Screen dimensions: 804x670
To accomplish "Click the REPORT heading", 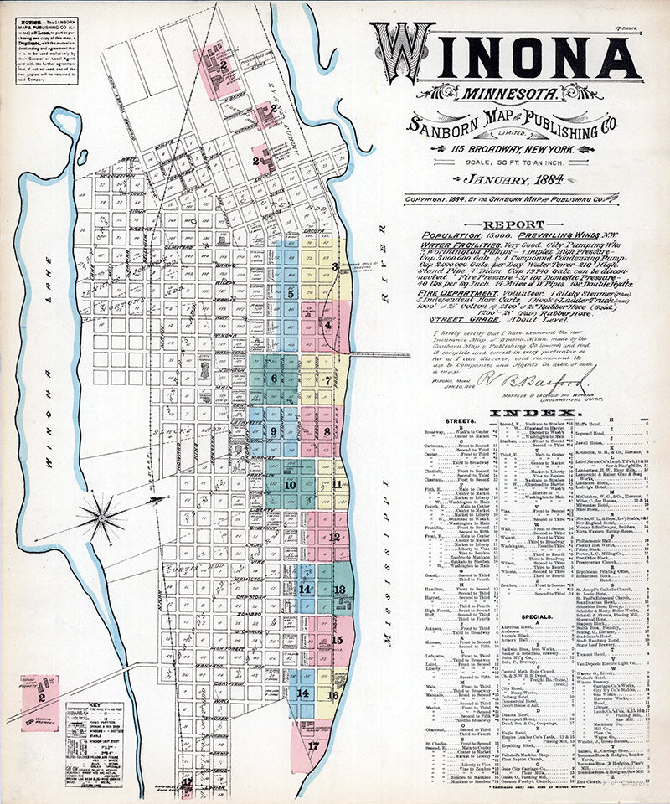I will pos(508,225).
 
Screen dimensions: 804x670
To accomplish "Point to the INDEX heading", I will pos(533,414).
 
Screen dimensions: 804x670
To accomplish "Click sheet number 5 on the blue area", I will pos(291,294).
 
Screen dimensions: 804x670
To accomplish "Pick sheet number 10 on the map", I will pos(290,484).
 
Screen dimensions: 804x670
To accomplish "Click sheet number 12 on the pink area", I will pos(333,537).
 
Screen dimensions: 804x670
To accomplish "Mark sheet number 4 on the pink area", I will pos(327,325).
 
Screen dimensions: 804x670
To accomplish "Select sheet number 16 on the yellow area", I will pos(332,694).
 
